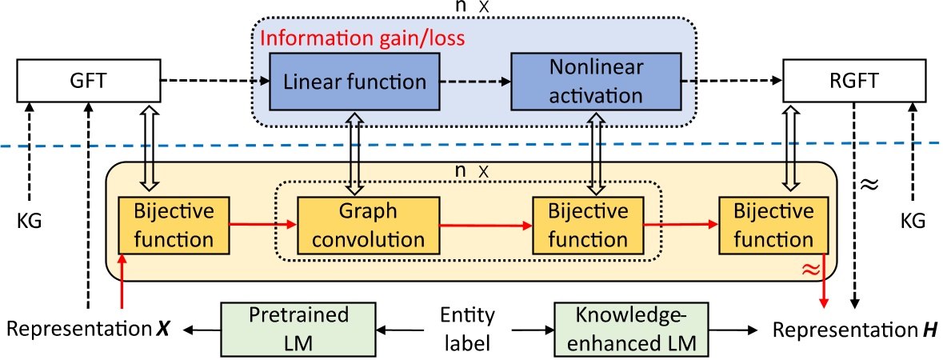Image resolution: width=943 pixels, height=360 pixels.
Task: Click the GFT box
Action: coord(87,82)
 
